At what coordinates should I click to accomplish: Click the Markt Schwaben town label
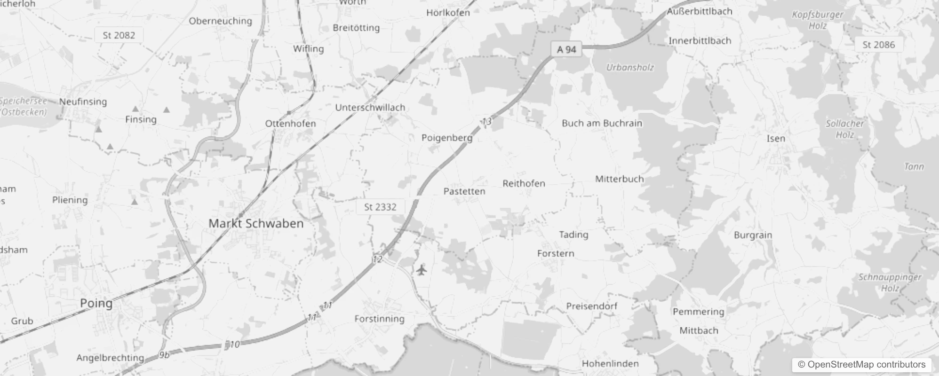coord(256,223)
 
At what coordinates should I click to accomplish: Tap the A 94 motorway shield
coord(566,49)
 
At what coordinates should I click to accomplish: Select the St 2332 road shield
coord(380,207)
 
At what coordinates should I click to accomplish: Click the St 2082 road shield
coord(119,35)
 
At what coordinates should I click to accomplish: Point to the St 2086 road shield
coord(878,45)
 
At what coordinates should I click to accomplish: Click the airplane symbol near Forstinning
coord(421,270)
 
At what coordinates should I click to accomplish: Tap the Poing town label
coord(96,303)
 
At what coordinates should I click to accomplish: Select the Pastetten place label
coord(464,191)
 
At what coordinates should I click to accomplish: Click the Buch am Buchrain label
coord(602,123)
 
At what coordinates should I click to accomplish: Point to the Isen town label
coord(776,139)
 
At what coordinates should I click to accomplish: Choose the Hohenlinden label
coord(610,363)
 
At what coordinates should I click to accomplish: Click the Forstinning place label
coord(379,319)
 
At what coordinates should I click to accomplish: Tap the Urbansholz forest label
coord(630,67)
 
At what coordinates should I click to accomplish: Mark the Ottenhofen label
coord(290,124)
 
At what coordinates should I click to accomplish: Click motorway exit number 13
coord(486,122)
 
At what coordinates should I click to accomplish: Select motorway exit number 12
coord(377,259)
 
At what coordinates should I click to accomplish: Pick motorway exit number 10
coord(234,345)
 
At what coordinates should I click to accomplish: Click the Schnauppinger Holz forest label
coord(890,282)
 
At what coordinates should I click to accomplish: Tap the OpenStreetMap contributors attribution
coord(861,365)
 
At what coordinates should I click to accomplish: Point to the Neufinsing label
coord(83,102)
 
